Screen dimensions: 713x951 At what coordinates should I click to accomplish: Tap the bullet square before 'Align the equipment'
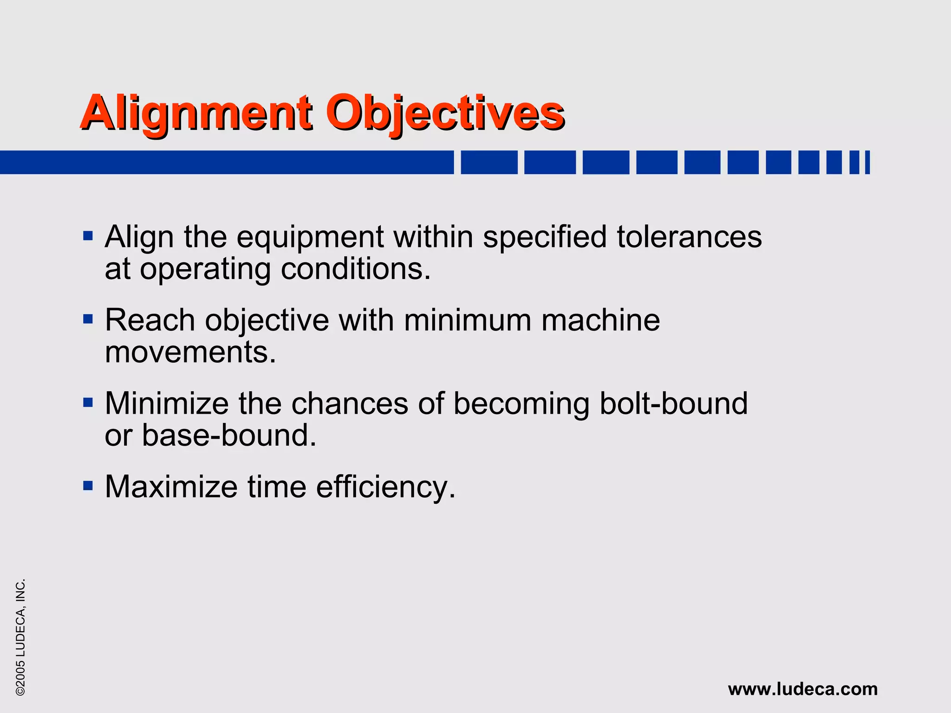[88, 236]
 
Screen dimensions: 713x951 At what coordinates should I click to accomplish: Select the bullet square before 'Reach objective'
[88, 319]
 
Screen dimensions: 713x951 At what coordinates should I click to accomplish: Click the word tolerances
[689, 237]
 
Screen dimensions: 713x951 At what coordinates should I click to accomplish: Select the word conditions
[356, 269]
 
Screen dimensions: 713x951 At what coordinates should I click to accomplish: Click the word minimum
[468, 320]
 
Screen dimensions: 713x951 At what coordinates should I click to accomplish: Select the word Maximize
[171, 487]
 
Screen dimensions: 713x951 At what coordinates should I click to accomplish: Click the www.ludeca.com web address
[803, 689]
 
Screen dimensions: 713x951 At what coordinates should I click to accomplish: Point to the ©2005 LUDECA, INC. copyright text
[20, 637]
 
